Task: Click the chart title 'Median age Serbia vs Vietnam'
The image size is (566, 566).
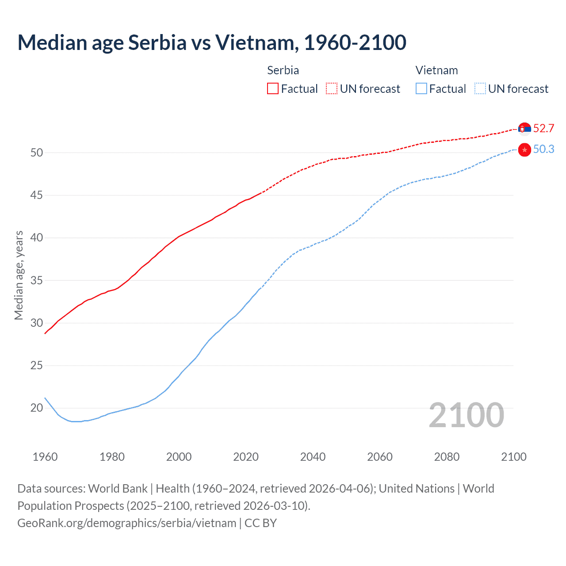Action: coord(211,42)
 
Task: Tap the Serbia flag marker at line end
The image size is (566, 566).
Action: coord(524,129)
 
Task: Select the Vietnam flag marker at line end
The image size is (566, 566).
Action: coord(524,150)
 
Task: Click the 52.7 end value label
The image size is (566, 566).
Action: coord(543,129)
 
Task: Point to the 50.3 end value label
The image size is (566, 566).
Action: coord(543,149)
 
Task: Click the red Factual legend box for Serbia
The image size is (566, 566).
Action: coord(273,89)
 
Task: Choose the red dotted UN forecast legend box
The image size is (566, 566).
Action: coord(332,89)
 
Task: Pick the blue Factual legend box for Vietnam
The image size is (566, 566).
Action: coord(421,89)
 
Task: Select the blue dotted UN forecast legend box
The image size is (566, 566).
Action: coord(480,89)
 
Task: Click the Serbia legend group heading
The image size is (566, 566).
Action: coord(283,70)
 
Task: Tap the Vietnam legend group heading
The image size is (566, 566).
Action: coord(436,70)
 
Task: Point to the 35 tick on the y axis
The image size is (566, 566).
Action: coord(37,280)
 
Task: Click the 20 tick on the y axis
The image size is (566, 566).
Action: coord(37,408)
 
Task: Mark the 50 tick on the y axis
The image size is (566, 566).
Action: coord(37,153)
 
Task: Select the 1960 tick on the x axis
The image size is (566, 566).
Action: coord(45,457)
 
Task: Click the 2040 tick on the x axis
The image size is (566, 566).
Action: coord(313,457)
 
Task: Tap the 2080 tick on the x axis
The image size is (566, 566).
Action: coord(447,457)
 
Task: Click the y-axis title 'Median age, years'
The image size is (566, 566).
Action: coord(19,275)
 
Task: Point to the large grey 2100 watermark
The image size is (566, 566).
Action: coord(466,415)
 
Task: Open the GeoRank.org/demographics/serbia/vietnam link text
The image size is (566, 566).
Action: coord(127,523)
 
